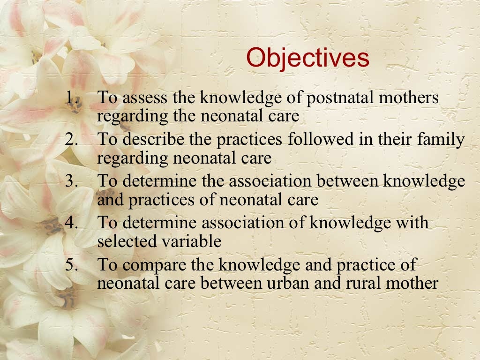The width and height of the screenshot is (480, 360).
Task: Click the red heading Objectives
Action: click(307, 58)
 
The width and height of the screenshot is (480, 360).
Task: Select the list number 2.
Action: click(71, 139)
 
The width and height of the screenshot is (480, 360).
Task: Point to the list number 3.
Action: click(71, 181)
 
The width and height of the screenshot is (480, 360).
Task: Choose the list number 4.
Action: click(71, 222)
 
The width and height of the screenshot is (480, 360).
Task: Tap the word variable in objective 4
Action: click(191, 241)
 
